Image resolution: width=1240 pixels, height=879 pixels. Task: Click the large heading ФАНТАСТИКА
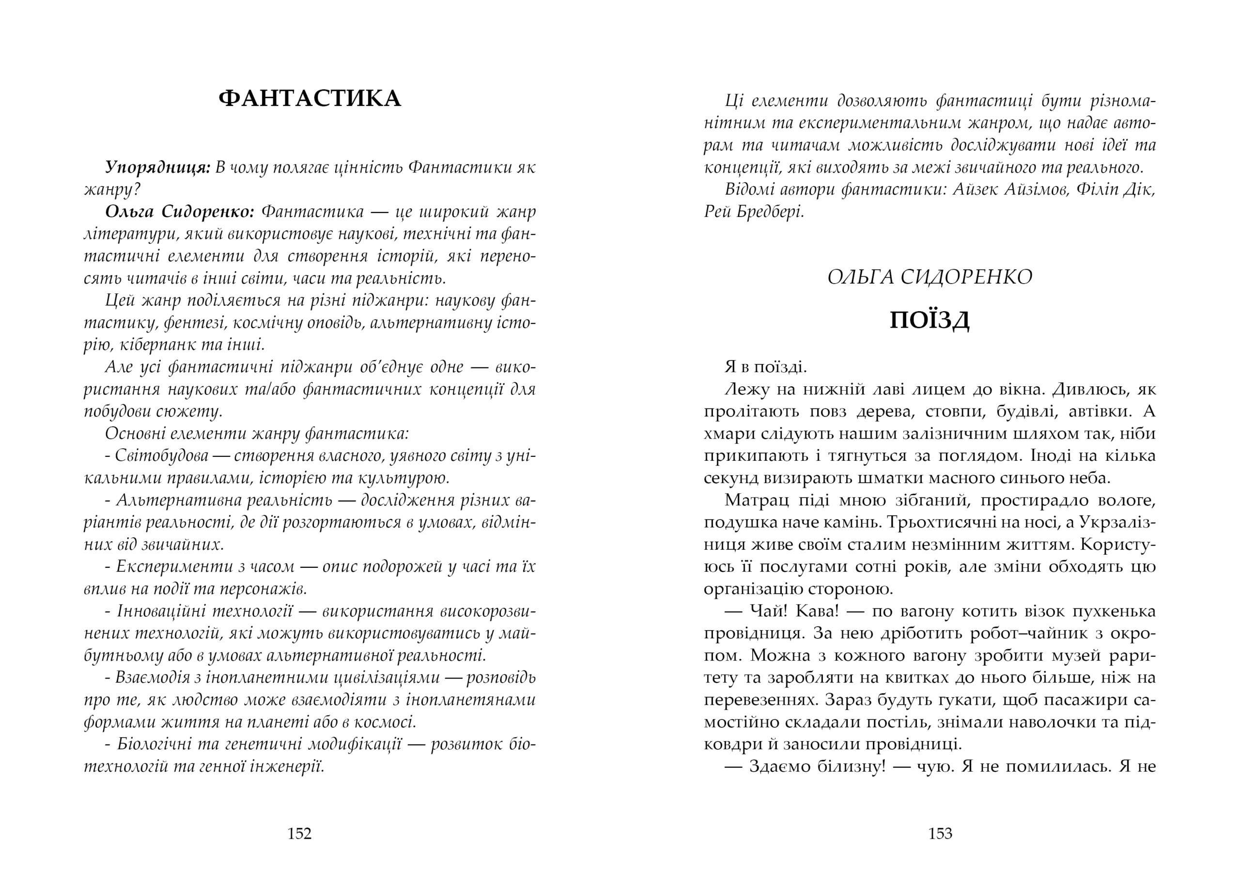click(x=310, y=99)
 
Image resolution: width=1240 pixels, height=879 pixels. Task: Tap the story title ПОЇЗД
click(x=929, y=321)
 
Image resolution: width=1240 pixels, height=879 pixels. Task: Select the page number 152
click(x=299, y=833)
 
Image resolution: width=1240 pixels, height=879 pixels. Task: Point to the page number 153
click(x=940, y=833)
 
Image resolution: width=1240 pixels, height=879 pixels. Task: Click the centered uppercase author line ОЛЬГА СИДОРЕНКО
click(x=929, y=277)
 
